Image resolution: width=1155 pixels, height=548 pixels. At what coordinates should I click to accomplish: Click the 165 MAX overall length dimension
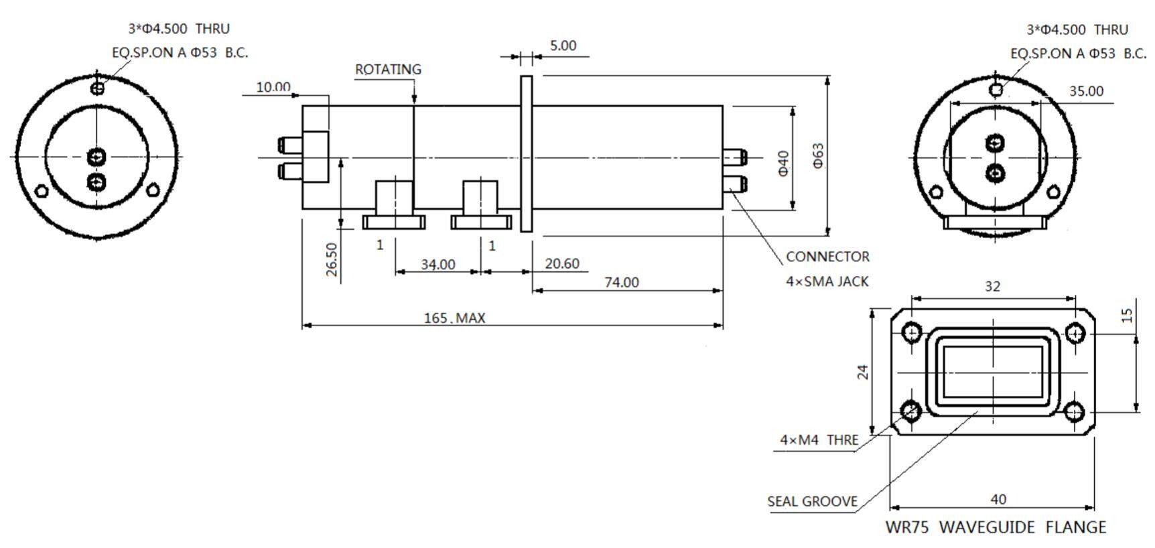click(454, 318)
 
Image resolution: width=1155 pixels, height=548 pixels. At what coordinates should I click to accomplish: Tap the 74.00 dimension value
click(622, 283)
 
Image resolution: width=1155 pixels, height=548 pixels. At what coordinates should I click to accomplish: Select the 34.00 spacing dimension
click(438, 265)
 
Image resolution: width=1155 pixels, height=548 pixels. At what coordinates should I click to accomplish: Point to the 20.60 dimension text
click(562, 264)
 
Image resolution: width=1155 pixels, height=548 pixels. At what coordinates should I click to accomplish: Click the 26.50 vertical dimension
click(332, 260)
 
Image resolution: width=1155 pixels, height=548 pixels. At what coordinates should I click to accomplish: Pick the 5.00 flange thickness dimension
click(563, 46)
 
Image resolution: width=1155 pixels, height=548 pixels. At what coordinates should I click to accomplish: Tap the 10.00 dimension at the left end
click(273, 87)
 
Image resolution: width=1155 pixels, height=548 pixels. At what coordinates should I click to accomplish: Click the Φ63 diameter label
click(818, 155)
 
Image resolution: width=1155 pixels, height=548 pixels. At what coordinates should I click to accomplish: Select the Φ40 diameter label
click(784, 163)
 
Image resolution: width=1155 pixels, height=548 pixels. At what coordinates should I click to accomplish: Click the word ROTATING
click(388, 70)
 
